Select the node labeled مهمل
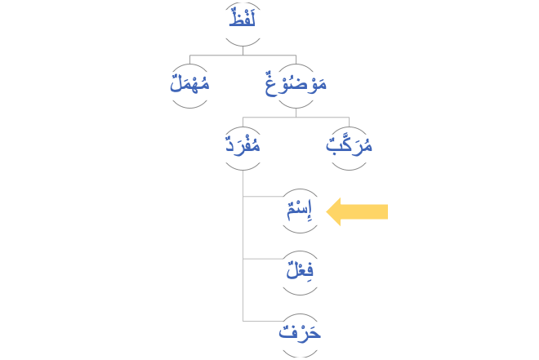[x=189, y=83]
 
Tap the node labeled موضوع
[x=296, y=83]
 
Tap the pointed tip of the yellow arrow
[x=327, y=212]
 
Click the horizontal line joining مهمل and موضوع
[x=243, y=56]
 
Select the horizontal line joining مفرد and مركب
[x=296, y=119]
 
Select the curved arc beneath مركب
[x=350, y=168]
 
